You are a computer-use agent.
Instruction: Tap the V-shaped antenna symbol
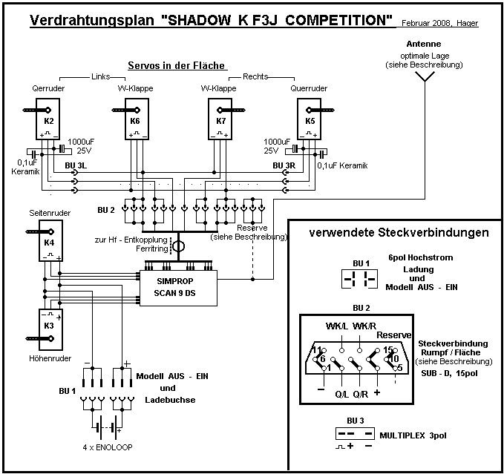point(425,80)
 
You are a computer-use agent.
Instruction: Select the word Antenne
point(424,44)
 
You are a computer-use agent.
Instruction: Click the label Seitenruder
point(48,214)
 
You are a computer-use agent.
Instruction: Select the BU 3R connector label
point(284,165)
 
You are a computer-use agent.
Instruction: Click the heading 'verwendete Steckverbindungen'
point(399,233)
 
